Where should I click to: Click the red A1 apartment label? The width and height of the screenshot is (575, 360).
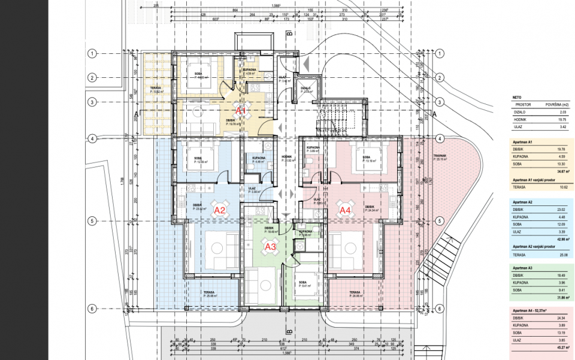(x=241, y=111)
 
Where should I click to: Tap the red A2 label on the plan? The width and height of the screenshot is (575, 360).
(x=219, y=210)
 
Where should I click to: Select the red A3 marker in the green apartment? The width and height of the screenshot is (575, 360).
(x=270, y=246)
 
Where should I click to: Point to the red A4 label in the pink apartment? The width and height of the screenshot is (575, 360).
(x=345, y=210)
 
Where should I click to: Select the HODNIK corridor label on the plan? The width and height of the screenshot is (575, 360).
(x=286, y=157)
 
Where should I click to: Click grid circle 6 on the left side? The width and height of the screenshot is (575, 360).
(x=92, y=309)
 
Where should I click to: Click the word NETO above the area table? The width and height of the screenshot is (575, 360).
(x=516, y=96)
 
